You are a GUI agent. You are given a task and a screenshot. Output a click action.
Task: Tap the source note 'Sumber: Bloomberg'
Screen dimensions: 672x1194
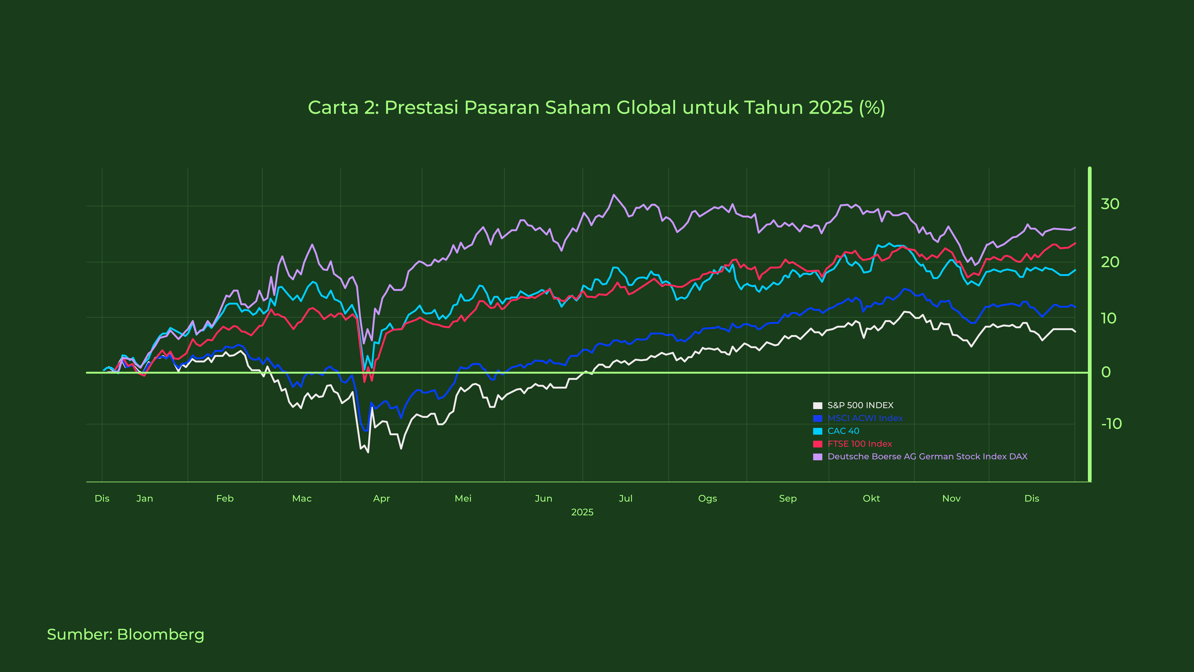click(x=126, y=634)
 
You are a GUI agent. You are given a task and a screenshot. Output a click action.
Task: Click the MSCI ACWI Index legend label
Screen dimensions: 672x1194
click(x=865, y=418)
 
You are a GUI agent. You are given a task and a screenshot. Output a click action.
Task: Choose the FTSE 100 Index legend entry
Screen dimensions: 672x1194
click(x=859, y=444)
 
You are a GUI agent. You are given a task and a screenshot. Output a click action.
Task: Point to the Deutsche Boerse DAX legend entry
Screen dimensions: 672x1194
click(x=927, y=457)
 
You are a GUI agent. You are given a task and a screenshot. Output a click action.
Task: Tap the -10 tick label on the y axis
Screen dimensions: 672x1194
click(x=1111, y=424)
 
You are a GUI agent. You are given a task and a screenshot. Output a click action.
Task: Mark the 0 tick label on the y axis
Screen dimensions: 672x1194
click(x=1106, y=372)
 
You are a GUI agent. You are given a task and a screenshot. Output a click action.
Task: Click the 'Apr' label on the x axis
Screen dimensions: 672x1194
click(x=381, y=499)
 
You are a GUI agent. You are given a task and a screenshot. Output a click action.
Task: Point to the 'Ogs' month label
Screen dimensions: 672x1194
click(x=707, y=499)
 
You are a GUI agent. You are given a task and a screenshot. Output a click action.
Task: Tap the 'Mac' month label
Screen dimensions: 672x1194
click(x=302, y=499)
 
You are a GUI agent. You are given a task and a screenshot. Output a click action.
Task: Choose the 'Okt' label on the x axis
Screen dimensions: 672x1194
click(x=871, y=499)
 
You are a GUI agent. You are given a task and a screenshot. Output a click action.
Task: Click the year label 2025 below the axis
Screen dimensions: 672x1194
click(x=582, y=512)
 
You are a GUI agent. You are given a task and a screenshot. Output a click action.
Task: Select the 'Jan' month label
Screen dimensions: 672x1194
click(x=145, y=499)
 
